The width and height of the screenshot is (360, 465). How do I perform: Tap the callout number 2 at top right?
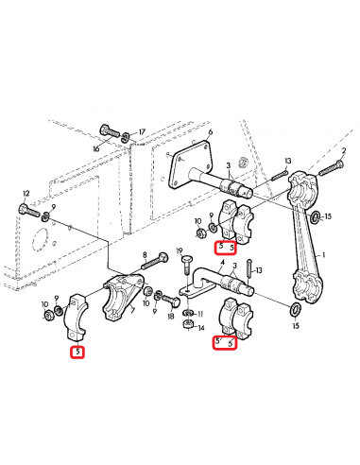[x=343, y=151]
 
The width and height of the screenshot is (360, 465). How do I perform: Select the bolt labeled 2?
[x=324, y=168]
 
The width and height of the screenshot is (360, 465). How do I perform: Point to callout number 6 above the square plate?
[x=210, y=132]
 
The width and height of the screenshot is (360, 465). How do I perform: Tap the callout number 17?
[x=141, y=132]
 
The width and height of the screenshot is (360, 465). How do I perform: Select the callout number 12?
[x=26, y=193]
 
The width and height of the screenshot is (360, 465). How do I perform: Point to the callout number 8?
[x=145, y=255]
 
